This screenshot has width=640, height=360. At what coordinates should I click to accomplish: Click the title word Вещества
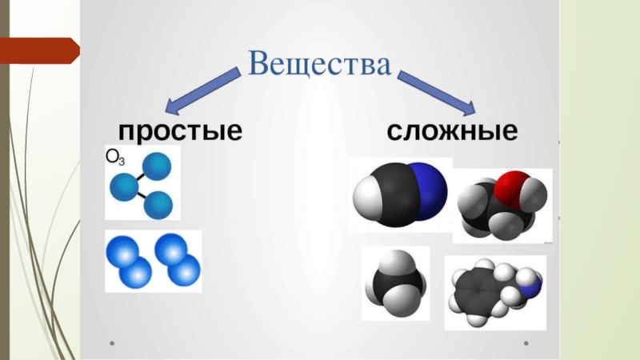coord(319,64)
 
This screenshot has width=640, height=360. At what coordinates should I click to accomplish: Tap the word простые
coord(180,130)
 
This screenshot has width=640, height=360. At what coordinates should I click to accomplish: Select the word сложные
coord(453,130)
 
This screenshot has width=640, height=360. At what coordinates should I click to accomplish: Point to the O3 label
coord(116,157)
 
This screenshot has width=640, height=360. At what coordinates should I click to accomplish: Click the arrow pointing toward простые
coord(203,90)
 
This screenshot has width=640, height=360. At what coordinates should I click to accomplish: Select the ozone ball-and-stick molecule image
coord(141,184)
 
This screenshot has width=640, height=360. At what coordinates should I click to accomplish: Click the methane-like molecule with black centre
coord(395,285)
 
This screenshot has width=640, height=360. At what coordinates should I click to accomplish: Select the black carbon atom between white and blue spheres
coord(397,195)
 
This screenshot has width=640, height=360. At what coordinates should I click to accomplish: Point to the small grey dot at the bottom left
coord(113,346)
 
